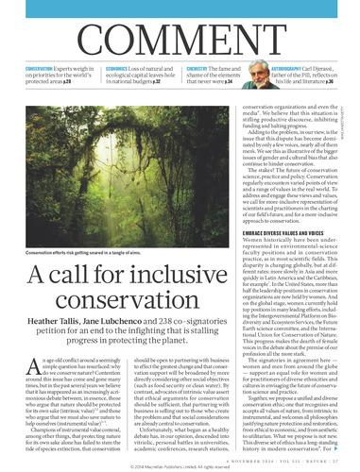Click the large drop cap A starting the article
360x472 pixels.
click(x=30, y=346)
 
